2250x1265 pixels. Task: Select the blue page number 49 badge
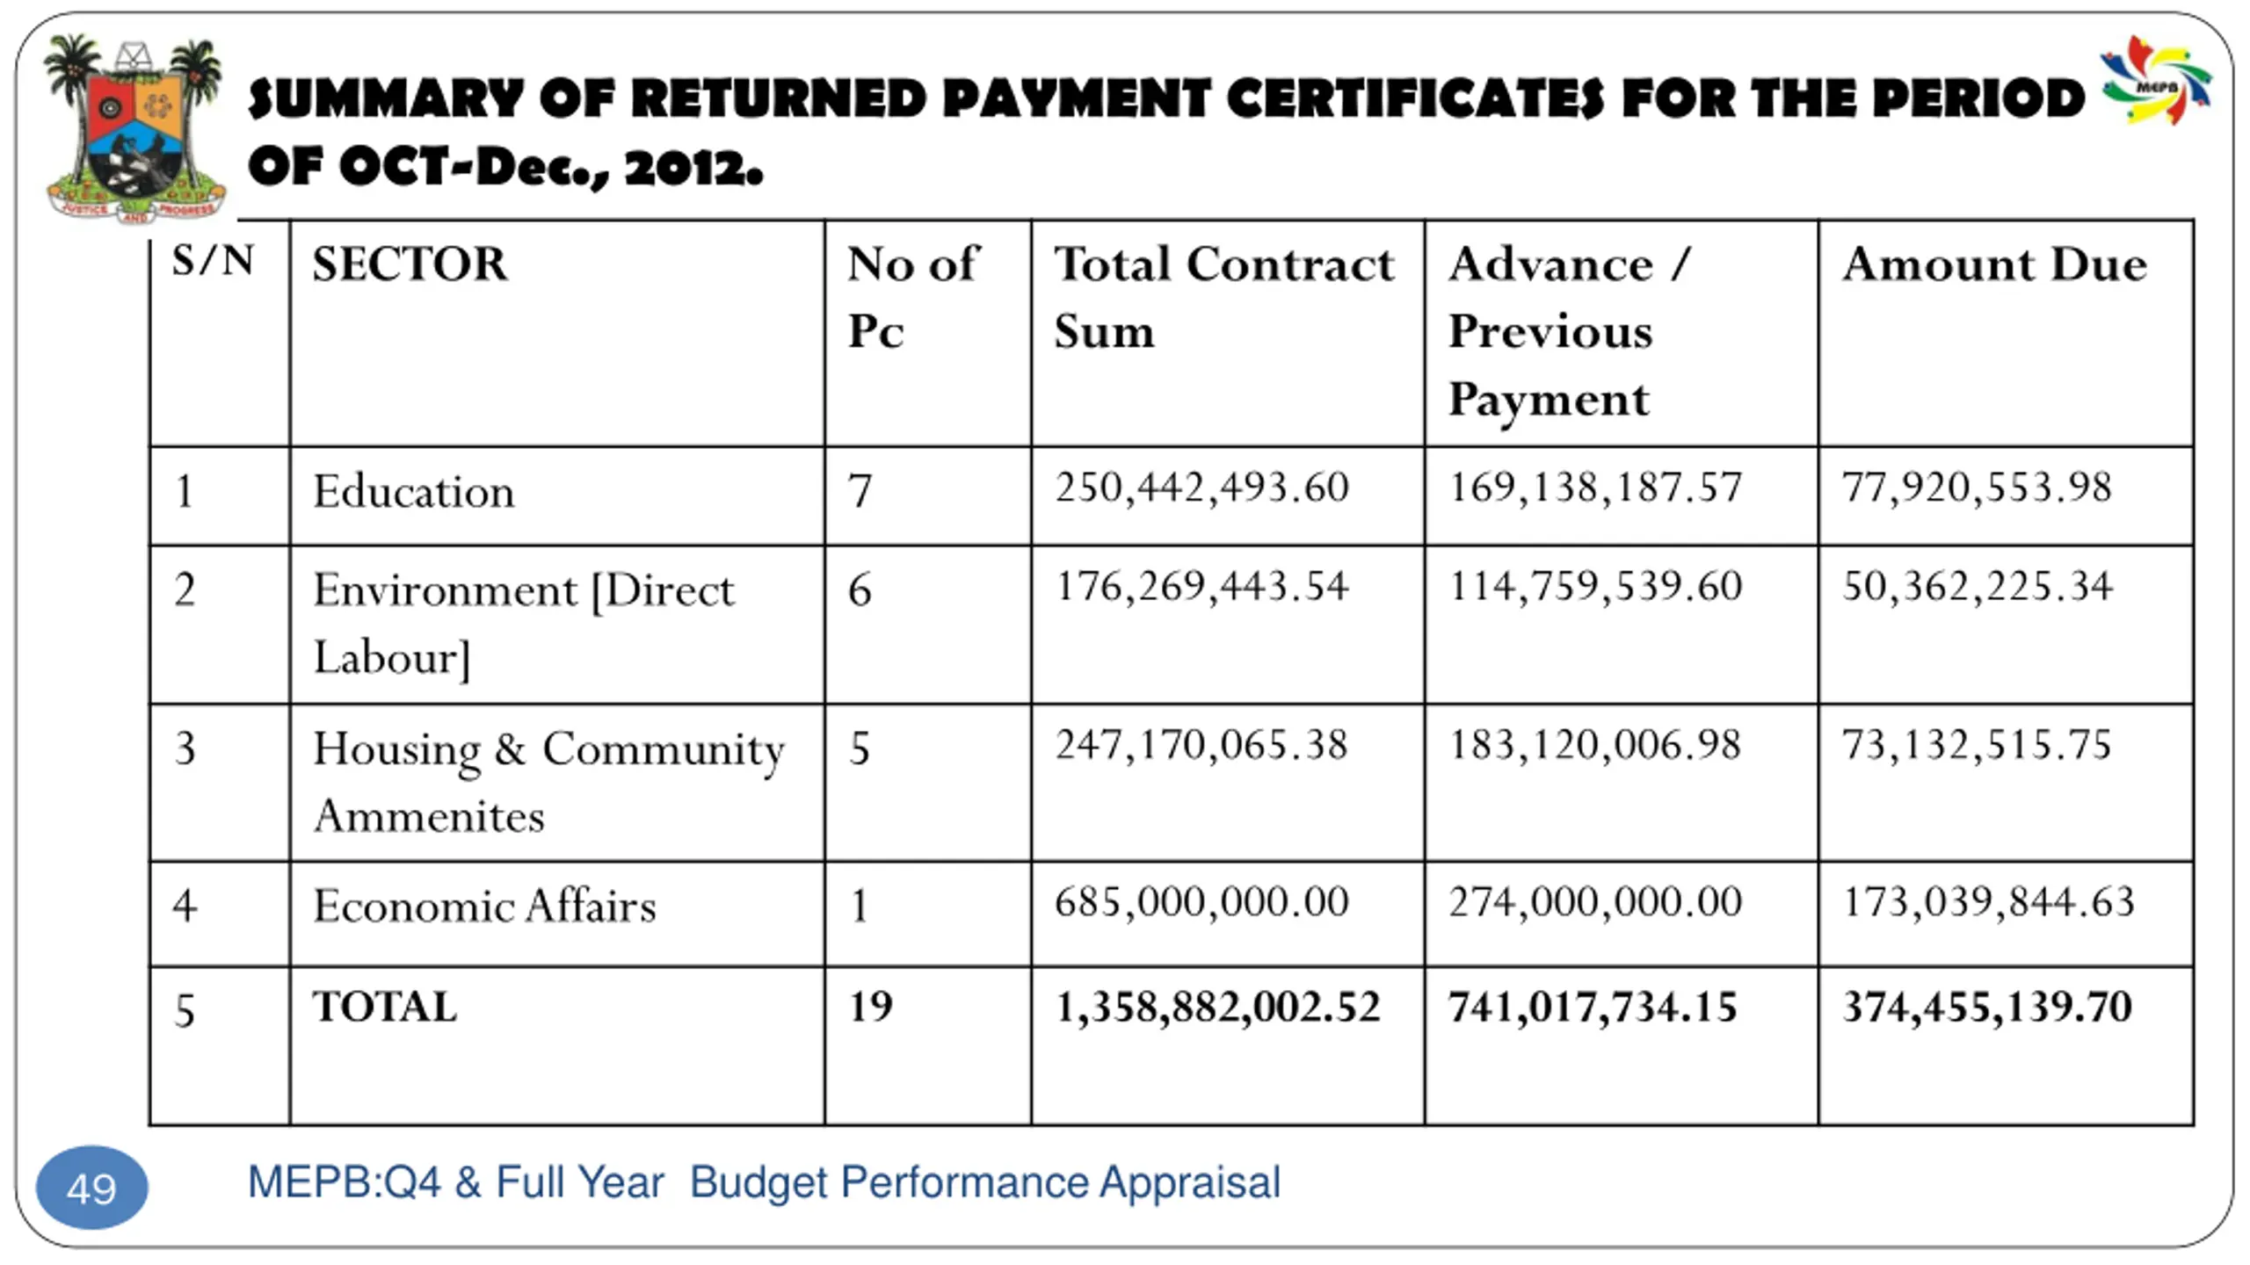(91, 1188)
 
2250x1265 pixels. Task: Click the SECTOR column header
(410, 264)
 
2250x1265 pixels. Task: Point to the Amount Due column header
(1994, 264)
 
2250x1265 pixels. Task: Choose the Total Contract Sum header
(1223, 297)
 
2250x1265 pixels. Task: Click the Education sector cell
(413, 491)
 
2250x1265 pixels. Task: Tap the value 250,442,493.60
(1201, 488)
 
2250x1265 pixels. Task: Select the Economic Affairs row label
(484, 907)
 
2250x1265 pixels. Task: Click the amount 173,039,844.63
(1988, 902)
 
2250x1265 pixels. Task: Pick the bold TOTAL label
(385, 1007)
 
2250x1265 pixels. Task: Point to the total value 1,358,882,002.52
(1217, 1007)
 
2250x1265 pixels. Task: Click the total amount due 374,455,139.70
(1987, 1007)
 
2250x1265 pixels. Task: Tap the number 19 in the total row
(870, 1007)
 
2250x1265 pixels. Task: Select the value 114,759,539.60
(1594, 586)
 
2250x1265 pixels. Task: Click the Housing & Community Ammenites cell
(548, 782)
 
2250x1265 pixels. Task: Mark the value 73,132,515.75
(1976, 745)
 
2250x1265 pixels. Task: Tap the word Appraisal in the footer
(1189, 1182)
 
